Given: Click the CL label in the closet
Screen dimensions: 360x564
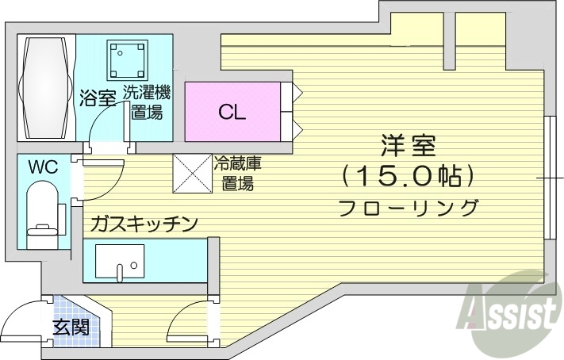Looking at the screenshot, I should click(232, 111).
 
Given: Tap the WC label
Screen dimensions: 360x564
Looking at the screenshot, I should click(44, 167).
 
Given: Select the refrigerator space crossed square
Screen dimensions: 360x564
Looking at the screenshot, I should click(193, 173).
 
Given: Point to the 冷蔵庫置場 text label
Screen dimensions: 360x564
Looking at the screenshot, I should click(237, 174).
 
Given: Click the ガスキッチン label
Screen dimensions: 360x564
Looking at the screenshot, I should click(143, 224).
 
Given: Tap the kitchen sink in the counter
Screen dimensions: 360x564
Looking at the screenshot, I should click(120, 262).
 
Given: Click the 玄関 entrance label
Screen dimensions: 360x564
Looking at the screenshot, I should click(70, 327).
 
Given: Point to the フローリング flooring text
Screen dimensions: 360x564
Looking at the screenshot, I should click(408, 208).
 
